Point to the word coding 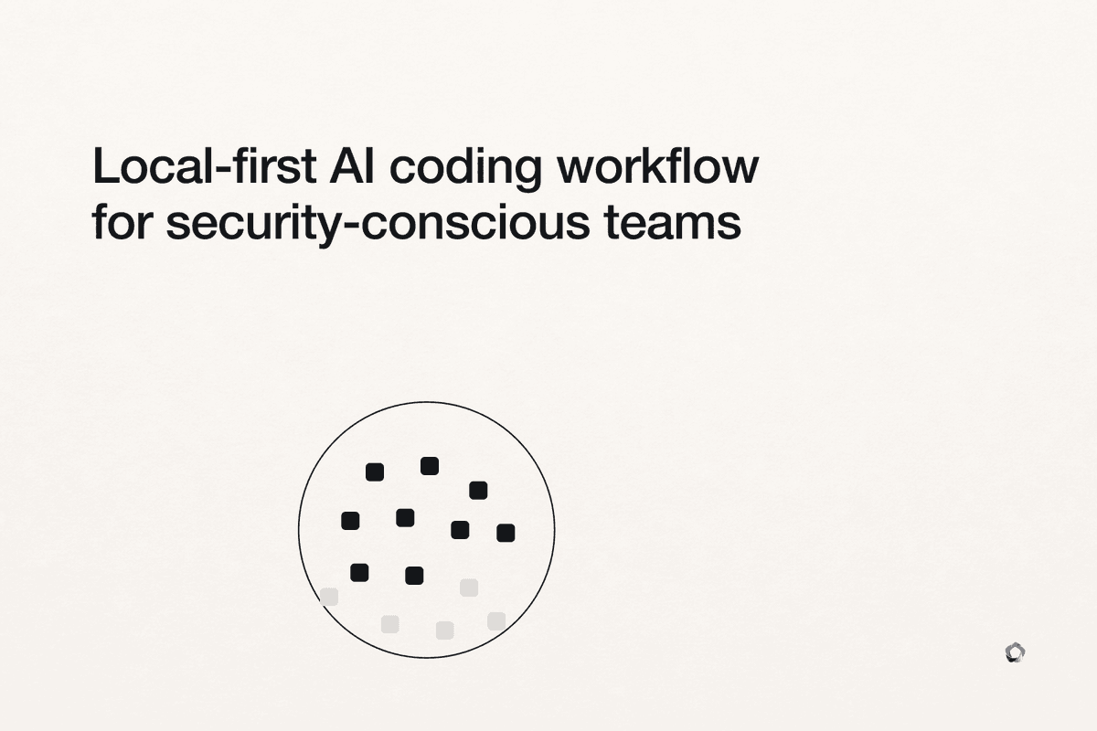point(465,169)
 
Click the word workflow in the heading point(658,165)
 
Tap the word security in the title point(251,224)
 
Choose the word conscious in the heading point(474,222)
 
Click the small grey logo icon point(1015,652)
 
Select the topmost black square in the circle point(430,466)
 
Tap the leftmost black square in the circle point(350,521)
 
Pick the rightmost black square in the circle point(506,533)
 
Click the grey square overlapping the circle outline point(329,597)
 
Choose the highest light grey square point(469,588)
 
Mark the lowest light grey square point(444,630)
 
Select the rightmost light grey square point(496,621)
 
